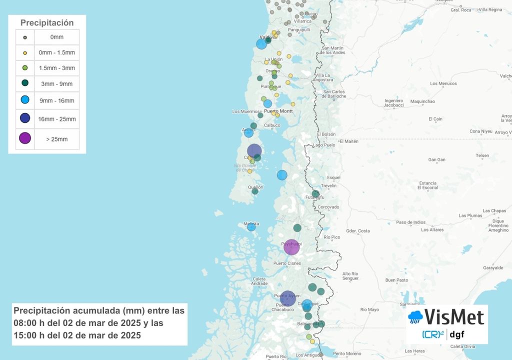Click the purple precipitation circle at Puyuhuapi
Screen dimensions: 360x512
[x=291, y=247]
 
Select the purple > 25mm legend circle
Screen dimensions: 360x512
[x=25, y=138]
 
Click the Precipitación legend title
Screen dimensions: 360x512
[x=47, y=22]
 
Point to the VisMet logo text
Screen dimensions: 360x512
[x=454, y=317]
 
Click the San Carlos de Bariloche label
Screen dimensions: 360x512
[x=334, y=93]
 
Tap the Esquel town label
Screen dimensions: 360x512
[x=333, y=177]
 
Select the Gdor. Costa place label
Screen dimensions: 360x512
[x=358, y=230]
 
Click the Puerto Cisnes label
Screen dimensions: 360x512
[x=287, y=263]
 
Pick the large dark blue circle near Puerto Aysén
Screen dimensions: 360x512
[x=287, y=298]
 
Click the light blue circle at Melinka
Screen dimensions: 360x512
[x=251, y=227]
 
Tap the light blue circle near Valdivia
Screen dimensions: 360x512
[x=261, y=44]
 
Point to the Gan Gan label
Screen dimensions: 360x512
[x=437, y=160]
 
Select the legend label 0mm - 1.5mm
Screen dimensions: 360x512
[x=57, y=52]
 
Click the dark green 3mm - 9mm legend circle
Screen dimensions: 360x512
[x=25, y=83]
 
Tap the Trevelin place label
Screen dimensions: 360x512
[x=328, y=185]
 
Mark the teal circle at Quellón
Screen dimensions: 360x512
[x=255, y=191]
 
